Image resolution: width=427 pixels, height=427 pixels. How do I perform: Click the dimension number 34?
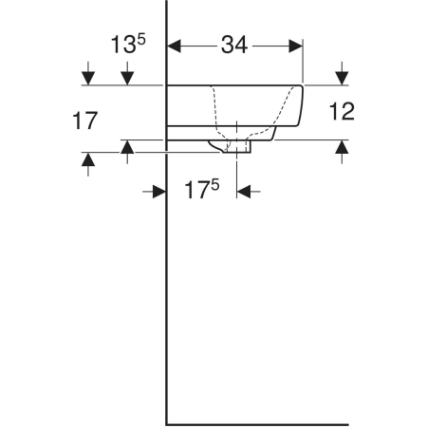coord(234,45)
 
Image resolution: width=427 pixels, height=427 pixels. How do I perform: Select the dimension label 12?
coord(342,111)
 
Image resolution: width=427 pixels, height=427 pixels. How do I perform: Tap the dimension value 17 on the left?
coord(84,121)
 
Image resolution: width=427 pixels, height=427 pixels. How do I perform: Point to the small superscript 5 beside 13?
coord(141,40)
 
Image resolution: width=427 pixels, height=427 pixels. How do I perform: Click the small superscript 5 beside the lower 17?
coord(214,185)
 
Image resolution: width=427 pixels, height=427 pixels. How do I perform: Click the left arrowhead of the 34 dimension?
coord(174,46)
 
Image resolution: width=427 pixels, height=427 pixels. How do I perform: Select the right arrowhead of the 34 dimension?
coord(296,46)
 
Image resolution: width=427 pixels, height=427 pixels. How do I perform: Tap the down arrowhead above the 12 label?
coord(342,79)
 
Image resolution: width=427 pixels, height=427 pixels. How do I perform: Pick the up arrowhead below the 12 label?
coord(342,147)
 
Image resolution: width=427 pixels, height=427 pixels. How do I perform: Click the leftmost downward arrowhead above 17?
coord(88,79)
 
